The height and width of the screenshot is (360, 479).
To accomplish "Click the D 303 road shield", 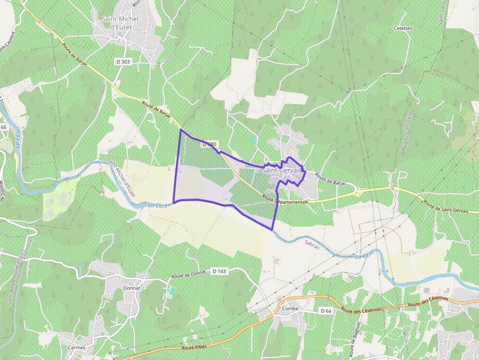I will pyautogui.click(x=123, y=62).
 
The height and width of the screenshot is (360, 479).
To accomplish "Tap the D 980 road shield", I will pyautogui.click(x=209, y=144).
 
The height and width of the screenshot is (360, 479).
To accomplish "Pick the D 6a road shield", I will pyautogui.click(x=326, y=311).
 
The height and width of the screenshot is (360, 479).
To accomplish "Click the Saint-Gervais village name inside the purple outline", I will pyautogui.click(x=282, y=170).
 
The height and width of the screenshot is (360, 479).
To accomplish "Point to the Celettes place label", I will pyautogui.click(x=403, y=28).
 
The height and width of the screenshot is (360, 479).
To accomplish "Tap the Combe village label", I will pyautogui.click(x=290, y=309).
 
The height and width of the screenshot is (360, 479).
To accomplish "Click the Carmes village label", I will pyautogui.click(x=77, y=348).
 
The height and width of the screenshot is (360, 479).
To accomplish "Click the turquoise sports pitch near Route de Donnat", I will pyautogui.click(x=172, y=291).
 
